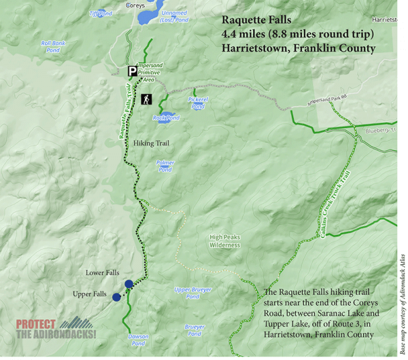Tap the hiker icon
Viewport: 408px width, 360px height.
(x=146, y=99)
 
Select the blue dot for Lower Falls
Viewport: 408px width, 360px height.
(x=129, y=283)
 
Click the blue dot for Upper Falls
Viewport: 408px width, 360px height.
(x=117, y=298)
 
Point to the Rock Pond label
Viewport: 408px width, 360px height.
(x=166, y=118)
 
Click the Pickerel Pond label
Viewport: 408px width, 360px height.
(x=197, y=103)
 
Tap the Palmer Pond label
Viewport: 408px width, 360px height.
(x=165, y=166)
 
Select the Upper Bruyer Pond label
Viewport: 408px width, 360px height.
(x=192, y=293)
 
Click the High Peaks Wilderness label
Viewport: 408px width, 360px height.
(x=225, y=240)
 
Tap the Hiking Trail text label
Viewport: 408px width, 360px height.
(x=151, y=143)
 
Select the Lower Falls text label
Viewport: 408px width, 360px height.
(x=103, y=273)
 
